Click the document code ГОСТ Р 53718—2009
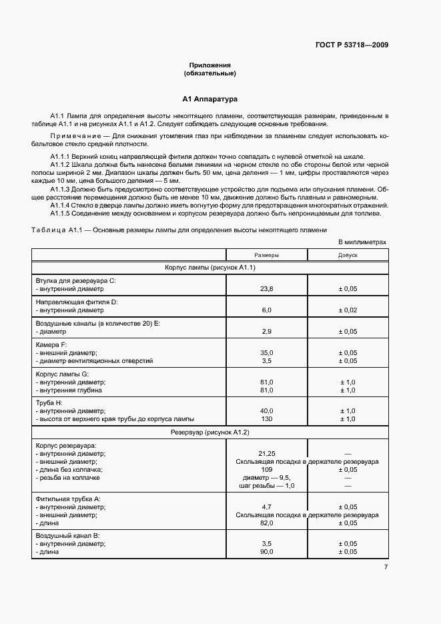352,45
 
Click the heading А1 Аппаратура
210,99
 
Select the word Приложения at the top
210,65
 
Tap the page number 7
386,567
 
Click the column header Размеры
266,256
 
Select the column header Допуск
348,256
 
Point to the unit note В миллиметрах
362,243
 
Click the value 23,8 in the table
266,290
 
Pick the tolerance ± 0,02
348,310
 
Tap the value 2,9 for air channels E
266,331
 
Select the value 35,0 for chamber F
266,352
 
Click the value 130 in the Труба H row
266,419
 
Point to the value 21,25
266,453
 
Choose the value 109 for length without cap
266,470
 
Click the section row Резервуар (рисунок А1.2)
210,432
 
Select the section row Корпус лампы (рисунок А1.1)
210,268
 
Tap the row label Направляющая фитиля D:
77,302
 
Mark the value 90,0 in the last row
266,552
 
